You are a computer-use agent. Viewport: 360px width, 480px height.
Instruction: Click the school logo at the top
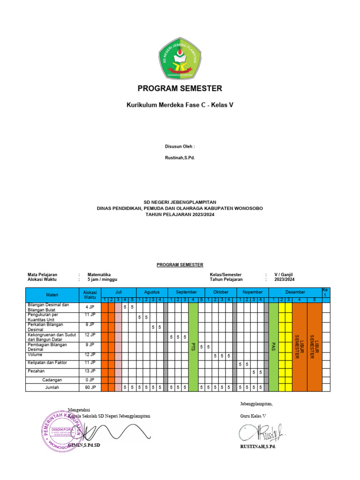click(x=180, y=58)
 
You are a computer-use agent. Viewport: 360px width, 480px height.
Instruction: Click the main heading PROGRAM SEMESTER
click(x=180, y=88)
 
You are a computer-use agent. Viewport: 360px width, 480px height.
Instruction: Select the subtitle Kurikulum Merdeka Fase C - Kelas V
click(x=180, y=105)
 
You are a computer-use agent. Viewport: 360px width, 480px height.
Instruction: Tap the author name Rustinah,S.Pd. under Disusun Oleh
click(x=180, y=157)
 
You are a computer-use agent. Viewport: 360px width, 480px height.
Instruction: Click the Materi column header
click(x=52, y=295)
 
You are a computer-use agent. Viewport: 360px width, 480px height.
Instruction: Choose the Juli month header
click(x=119, y=292)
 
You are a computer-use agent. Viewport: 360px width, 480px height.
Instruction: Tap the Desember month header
click(x=295, y=292)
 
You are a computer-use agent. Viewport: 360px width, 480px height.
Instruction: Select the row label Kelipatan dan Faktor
click(x=47, y=363)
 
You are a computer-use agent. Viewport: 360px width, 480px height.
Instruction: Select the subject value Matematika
click(x=99, y=274)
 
